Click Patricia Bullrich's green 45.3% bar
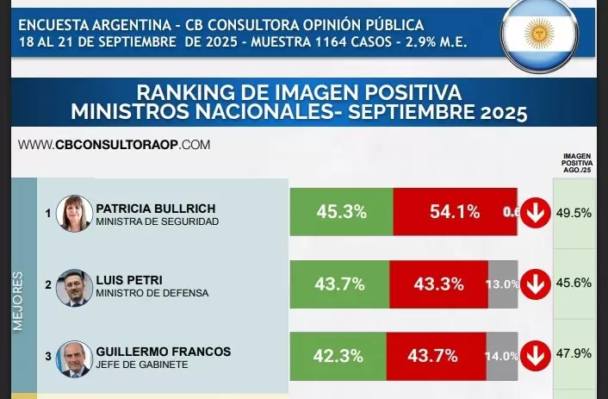(x=341, y=212)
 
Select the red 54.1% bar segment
(x=455, y=212)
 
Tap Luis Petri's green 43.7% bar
(x=339, y=284)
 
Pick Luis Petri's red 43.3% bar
(x=439, y=284)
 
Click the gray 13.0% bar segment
(x=502, y=284)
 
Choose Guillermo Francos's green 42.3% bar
(x=338, y=355)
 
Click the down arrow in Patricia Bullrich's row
(x=536, y=212)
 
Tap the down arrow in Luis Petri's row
(x=536, y=284)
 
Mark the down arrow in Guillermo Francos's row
(x=536, y=355)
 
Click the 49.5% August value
(x=574, y=212)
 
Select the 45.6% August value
(x=574, y=284)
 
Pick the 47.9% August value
(x=574, y=355)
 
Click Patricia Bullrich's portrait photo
(x=73, y=213)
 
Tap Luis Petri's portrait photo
(x=73, y=287)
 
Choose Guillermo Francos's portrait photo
(x=73, y=358)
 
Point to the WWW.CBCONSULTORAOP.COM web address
(x=114, y=145)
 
